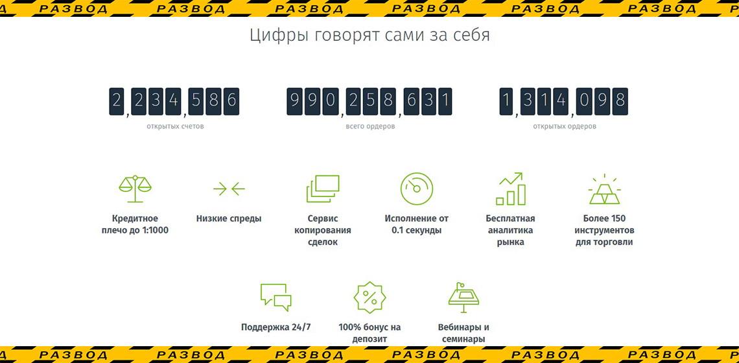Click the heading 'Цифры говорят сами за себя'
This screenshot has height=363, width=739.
point(369,36)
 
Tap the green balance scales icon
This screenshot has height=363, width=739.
point(135,189)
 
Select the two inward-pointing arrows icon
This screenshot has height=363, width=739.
point(229,189)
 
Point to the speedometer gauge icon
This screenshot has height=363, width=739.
point(417,189)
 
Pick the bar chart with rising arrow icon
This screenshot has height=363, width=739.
point(510,189)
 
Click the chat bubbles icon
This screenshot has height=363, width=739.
point(276,297)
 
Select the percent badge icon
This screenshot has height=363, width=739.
point(370,298)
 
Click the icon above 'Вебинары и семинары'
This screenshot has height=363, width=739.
point(463,297)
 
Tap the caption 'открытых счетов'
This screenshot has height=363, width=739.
point(175,127)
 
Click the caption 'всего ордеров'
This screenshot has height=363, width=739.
point(370,127)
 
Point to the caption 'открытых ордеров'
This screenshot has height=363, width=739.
point(565,127)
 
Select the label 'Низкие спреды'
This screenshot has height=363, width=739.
point(229,218)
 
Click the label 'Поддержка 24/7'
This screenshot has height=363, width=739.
point(276,327)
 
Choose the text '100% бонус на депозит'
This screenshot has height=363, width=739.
point(369,333)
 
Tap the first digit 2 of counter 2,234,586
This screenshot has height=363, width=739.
point(117,101)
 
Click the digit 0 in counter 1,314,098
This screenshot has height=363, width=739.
point(585,101)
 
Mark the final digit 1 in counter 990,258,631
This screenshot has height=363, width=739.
point(445,101)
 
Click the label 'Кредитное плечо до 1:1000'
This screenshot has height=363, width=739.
point(135,224)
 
